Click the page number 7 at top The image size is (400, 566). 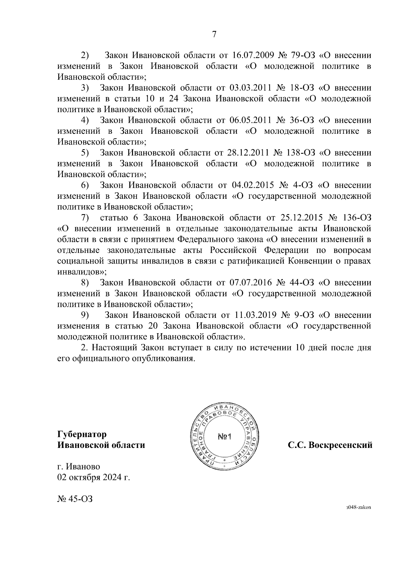[x=214, y=34]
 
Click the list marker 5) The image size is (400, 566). [x=85, y=153]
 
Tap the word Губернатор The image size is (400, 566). [x=82, y=435]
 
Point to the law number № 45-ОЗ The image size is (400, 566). [x=74, y=499]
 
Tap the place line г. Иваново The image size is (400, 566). [x=79, y=467]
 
